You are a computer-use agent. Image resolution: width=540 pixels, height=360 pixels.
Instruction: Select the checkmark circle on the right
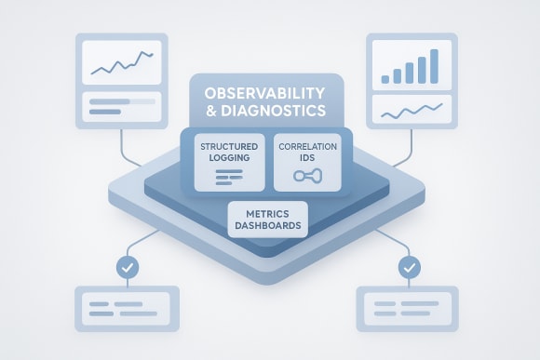(x=409, y=268)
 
